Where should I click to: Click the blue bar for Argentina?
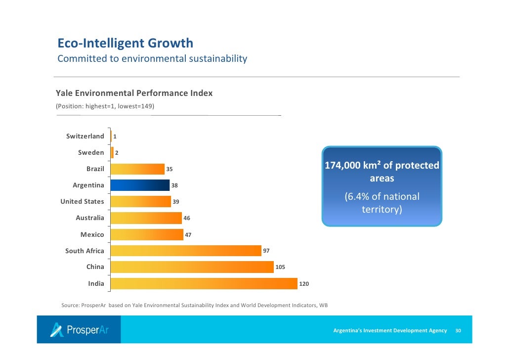tap(140, 185)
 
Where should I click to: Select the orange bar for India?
tap(204, 283)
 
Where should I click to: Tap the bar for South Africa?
tap(186, 251)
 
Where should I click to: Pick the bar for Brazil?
tap(137, 169)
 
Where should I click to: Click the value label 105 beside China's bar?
tap(280, 267)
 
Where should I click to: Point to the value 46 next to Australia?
tap(187, 218)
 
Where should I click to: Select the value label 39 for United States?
tap(176, 202)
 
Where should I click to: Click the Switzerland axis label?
tap(85, 136)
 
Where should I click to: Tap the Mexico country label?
tap(92, 234)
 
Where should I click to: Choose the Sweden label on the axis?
tap(91, 152)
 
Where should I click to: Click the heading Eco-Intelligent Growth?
tap(126, 43)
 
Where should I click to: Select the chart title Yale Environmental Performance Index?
tap(134, 93)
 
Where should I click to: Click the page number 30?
tap(458, 330)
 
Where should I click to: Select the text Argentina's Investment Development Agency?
tap(390, 330)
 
